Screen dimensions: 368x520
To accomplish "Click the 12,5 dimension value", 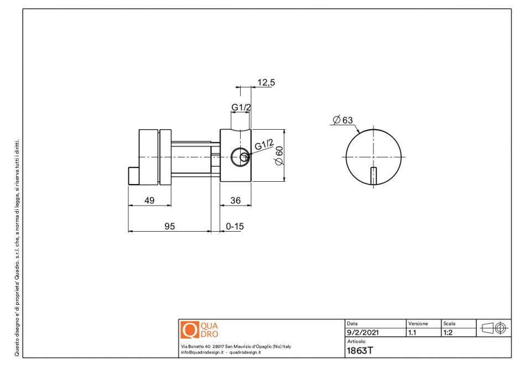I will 266,83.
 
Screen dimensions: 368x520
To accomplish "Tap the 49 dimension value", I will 149,200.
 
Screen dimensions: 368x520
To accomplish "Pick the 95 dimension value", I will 169,227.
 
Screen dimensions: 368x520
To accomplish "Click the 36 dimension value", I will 235,200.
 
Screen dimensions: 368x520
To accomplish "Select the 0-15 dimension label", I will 235,227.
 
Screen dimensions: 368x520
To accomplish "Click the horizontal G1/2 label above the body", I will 241,107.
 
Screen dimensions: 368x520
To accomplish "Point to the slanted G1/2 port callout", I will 264,146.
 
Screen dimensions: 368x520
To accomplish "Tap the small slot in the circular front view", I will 373,175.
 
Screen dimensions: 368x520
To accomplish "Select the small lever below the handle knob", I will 133,176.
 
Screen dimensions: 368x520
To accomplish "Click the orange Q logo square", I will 189,330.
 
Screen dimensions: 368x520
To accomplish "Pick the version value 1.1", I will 412,333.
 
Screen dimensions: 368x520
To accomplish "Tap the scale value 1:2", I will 449,333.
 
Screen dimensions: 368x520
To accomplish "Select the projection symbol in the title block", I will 493,328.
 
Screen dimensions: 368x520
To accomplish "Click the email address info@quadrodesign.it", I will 201,352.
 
